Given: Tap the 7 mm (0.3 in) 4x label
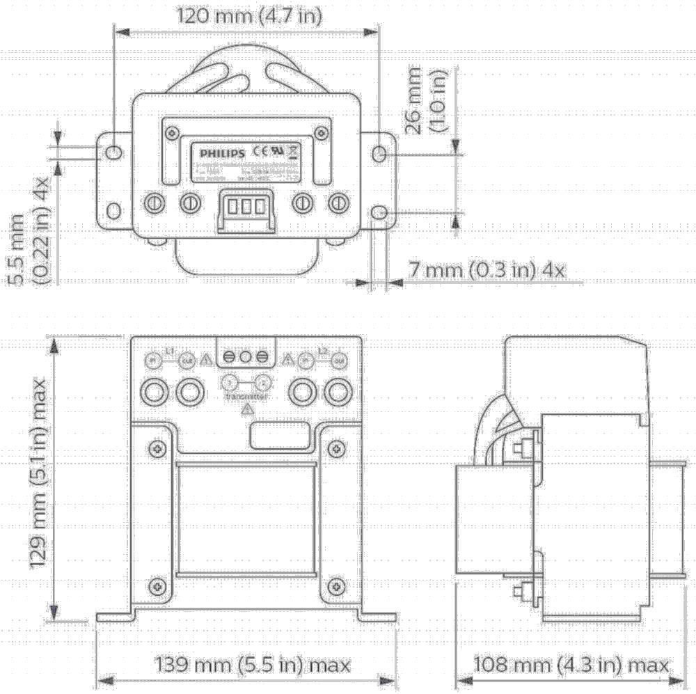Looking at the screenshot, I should point(486,270).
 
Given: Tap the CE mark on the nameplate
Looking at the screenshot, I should point(258,150).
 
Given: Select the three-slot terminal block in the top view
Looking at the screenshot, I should point(245,207).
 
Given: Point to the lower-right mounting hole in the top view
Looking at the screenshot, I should point(379,212).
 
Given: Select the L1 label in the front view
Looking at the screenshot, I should point(168,349).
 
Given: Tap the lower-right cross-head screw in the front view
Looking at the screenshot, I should point(335,585).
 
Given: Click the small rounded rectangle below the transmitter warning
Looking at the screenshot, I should point(278,436).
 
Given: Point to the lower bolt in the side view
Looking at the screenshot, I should point(519,592).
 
